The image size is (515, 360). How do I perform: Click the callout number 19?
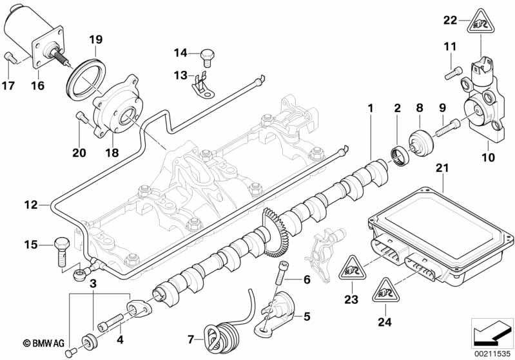tap(96, 40)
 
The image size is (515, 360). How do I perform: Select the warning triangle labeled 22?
tap(481, 21)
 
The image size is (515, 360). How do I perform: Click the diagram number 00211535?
tap(492, 354)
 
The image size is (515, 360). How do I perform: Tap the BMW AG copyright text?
tap(43, 343)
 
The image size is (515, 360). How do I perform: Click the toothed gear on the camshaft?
tap(274, 231)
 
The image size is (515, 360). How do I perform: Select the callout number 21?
tap(442, 168)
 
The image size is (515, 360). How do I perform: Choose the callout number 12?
tap(31, 205)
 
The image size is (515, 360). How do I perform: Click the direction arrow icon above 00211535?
tap(492, 333)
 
